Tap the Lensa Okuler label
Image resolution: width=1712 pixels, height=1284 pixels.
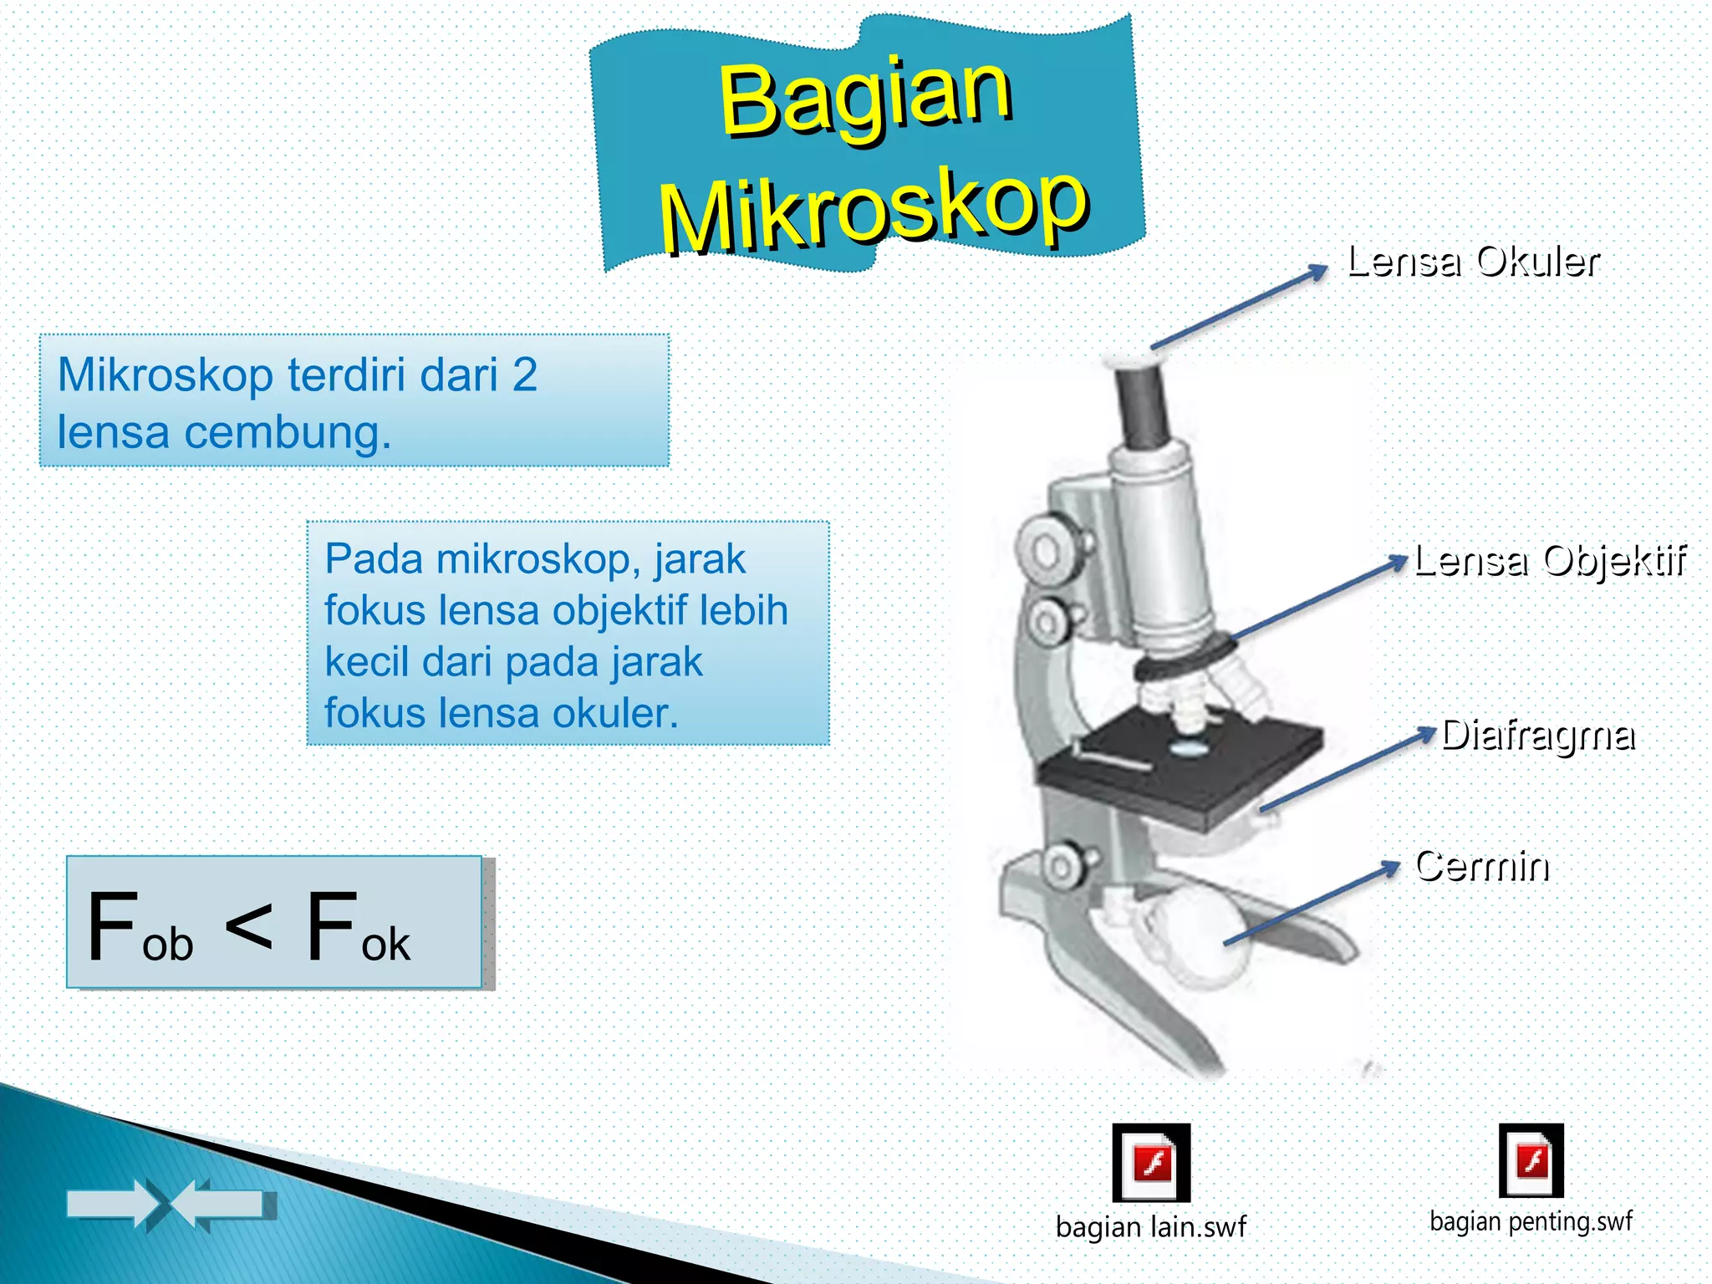tap(1473, 262)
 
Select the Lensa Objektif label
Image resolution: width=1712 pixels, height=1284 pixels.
tap(1550, 561)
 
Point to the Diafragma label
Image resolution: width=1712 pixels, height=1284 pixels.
tap(1538, 736)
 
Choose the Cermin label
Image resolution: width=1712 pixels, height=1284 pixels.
tap(1482, 866)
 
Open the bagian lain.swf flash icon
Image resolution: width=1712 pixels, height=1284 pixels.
tap(1151, 1163)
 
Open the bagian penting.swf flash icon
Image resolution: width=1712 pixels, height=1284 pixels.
tap(1531, 1161)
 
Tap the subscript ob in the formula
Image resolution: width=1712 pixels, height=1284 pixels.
tap(168, 945)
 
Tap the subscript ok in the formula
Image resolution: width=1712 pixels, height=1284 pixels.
tap(385, 945)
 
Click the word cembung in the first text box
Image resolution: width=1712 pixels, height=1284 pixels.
tap(287, 433)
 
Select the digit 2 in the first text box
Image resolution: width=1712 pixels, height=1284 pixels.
tap(524, 374)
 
